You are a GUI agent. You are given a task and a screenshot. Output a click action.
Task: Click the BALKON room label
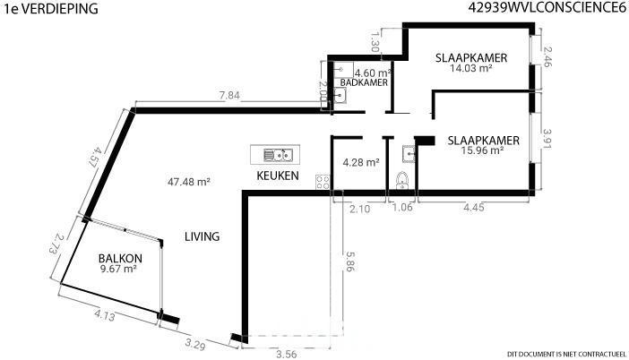coord(120,258)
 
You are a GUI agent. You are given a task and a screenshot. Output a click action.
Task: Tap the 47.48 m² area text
coord(189,182)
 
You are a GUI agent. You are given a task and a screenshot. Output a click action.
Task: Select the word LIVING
coord(202,236)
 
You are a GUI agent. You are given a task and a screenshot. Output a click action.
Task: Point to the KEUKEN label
coord(278,176)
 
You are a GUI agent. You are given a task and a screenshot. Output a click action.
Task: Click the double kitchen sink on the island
coord(278,155)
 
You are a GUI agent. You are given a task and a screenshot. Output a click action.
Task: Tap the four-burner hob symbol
coord(323,182)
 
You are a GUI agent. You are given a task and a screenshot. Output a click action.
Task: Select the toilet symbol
coord(402,180)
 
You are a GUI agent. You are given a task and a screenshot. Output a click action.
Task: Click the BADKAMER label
coord(365,82)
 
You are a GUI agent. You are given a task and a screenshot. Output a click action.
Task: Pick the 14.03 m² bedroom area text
coord(471,68)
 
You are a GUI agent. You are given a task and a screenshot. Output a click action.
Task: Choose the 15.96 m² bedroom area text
coord(483,150)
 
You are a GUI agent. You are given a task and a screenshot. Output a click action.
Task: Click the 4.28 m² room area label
coord(361,162)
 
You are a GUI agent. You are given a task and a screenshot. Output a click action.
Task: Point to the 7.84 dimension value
coord(229,96)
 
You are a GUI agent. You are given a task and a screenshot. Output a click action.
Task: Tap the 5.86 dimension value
coord(349,261)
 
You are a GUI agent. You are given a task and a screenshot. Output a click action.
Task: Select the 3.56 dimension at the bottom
coord(287,354)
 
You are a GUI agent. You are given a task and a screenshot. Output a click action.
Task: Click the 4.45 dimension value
coord(474,207)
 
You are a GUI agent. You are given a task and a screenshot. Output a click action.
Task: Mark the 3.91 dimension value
coord(547,139)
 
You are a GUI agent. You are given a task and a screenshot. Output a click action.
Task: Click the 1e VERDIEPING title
coord(50,9)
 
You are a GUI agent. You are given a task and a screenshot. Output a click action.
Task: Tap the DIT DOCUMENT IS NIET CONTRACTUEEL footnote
coord(566,354)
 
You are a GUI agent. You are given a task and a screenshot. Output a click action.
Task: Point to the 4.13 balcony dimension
coord(105,315)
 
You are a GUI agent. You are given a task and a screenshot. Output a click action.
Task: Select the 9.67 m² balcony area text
coord(119,269)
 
